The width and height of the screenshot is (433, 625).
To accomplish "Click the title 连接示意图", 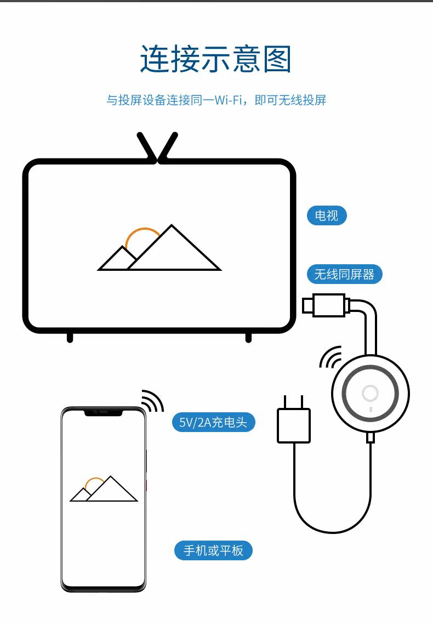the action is tap(216, 59).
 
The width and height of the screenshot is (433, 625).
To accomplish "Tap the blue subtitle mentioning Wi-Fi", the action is tap(216, 100).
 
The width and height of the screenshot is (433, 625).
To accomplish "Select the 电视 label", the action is tap(327, 215).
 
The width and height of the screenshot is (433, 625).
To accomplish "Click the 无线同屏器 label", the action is tap(344, 274).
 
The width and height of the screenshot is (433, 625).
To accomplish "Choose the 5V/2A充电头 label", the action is tap(213, 422).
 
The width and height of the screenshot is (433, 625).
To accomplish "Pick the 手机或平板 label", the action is tap(213, 550).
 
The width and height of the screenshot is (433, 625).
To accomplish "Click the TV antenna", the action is tap(158, 147).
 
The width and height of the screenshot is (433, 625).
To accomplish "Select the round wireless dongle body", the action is tap(371, 393).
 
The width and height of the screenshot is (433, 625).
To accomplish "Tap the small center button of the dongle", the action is tap(371, 393).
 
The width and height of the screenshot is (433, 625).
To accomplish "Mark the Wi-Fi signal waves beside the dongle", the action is tap(330, 357).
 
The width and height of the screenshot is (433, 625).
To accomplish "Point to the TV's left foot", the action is tap(70, 337).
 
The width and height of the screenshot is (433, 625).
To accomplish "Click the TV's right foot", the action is tap(248, 337).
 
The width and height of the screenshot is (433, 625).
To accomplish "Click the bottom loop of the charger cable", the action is tap(332, 530).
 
